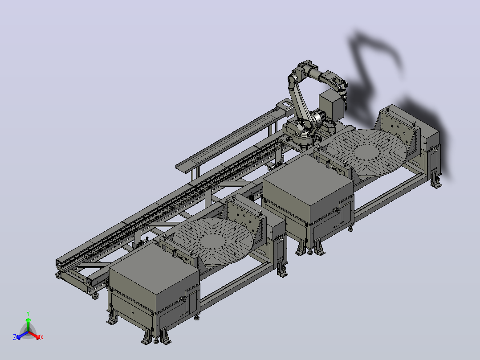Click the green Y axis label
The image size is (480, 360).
tap(28, 313)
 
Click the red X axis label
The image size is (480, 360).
tap(42, 337)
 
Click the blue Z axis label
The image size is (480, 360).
tap(15, 337)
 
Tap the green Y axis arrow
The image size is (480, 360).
tap(28, 325)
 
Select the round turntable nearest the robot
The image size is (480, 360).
tap(366, 152)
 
